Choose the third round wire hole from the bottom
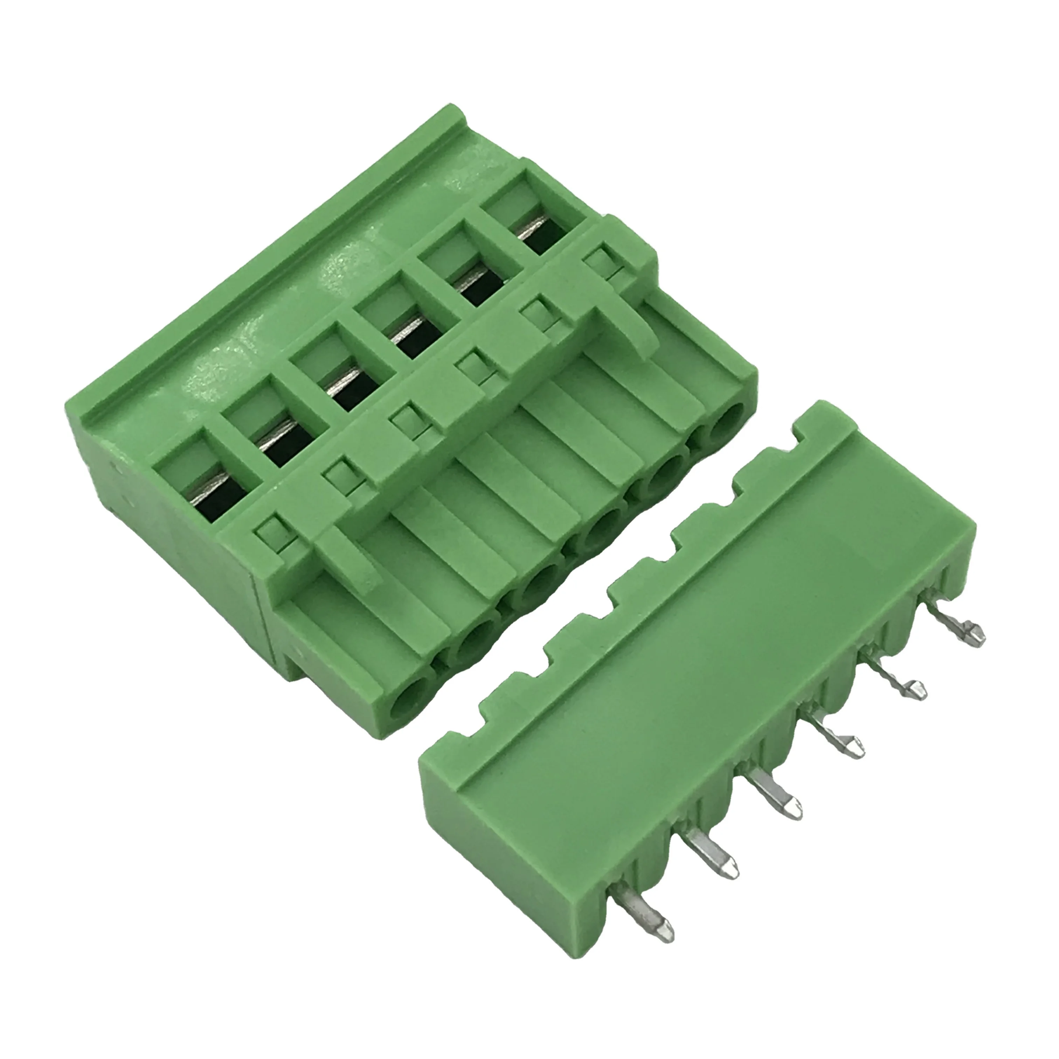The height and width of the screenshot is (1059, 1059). [x=540, y=589]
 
